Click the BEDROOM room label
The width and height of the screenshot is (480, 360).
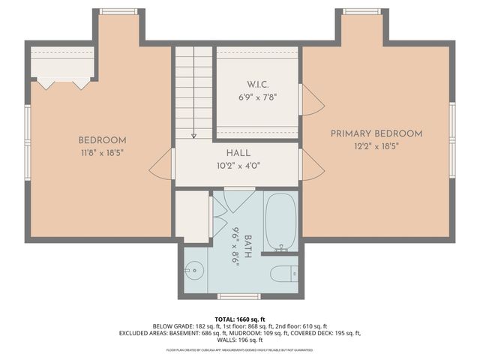(x=102, y=140)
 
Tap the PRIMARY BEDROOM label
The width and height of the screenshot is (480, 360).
(x=376, y=133)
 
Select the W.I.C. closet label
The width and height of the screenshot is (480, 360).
(x=257, y=84)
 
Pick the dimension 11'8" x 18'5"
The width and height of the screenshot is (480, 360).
(x=102, y=152)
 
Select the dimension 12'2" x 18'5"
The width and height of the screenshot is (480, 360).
(x=376, y=146)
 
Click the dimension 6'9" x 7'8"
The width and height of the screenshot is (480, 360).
(x=257, y=97)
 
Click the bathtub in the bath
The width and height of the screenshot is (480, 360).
(x=280, y=222)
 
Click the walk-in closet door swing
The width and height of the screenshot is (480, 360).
(x=311, y=100)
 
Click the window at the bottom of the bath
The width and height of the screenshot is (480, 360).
(x=238, y=296)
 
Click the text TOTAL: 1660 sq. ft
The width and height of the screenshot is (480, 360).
(x=239, y=319)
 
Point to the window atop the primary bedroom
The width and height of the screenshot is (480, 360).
(x=362, y=11)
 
